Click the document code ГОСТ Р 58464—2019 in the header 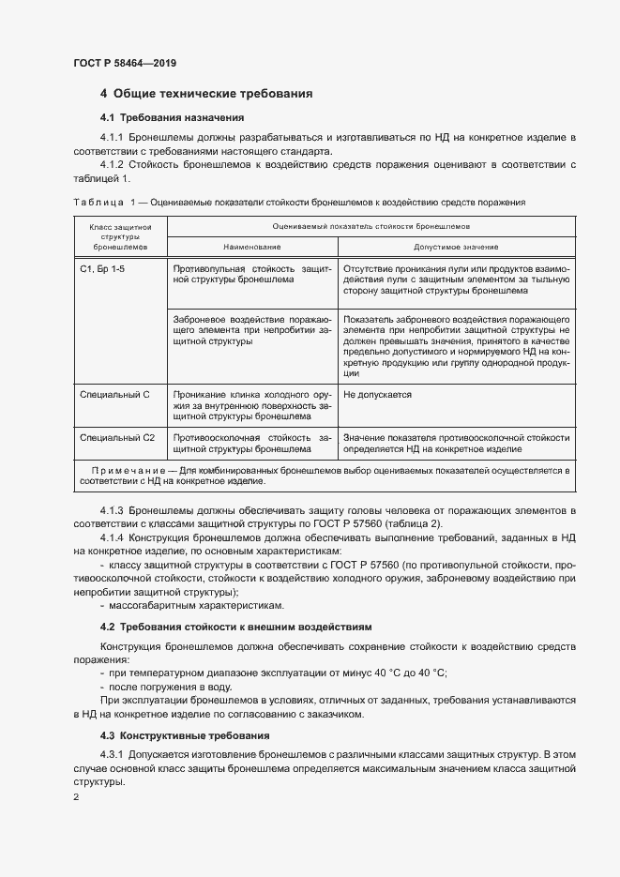pos(124,63)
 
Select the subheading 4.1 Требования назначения pos(172,118)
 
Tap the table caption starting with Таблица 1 pos(298,202)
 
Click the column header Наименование pos(251,247)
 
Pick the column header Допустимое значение pos(456,247)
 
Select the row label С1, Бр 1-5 pos(101,267)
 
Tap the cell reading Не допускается pos(378,395)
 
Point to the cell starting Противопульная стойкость pos(251,273)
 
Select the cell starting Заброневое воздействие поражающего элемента pos(251,331)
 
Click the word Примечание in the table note pos(127,469)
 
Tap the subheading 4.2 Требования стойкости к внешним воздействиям pos(235,626)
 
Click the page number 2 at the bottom pos(76,797)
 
